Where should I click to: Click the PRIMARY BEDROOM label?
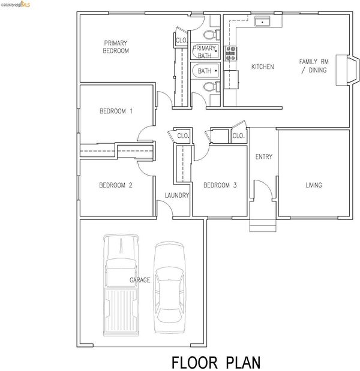116,47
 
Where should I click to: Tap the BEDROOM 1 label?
116,111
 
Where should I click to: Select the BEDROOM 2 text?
116,185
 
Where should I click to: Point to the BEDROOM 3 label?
220,185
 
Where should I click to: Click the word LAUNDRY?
176,195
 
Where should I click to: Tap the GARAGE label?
140,280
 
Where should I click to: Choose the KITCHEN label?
263,67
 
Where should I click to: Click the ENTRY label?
264,156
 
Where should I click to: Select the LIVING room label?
314,185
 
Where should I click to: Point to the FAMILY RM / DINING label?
314,66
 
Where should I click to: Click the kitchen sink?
262,22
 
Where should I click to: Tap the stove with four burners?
230,53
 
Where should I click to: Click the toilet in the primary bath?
211,35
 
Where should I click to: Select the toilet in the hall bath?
211,87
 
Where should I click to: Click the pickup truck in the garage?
121,285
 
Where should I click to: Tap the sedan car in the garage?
170,288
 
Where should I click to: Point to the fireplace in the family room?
347,70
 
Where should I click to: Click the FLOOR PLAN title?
216,362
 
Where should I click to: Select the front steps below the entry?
263,225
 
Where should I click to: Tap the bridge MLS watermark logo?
16,4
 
